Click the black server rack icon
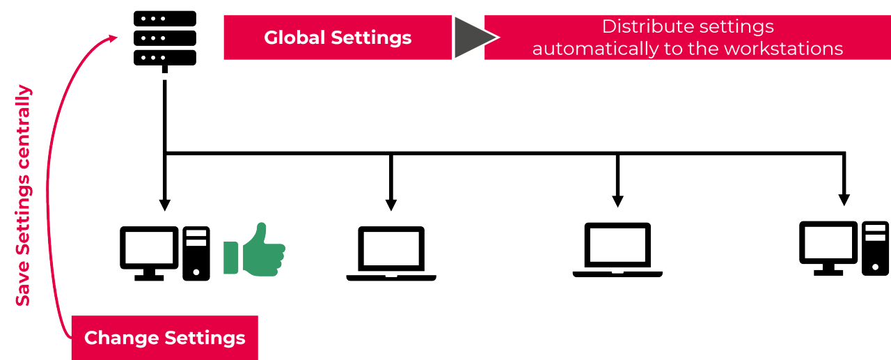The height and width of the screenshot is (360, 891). [164, 38]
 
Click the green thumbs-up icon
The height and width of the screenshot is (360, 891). [255, 250]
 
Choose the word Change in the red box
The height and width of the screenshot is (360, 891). [121, 338]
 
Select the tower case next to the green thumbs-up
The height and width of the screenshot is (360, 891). [196, 253]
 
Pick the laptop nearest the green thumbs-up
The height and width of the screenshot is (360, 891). [391, 252]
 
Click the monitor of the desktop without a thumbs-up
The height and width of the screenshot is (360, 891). [828, 246]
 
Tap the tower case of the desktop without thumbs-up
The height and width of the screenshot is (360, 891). [875, 248]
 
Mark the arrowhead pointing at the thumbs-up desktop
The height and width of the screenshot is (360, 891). [164, 205]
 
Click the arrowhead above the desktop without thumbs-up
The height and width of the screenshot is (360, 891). [844, 200]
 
